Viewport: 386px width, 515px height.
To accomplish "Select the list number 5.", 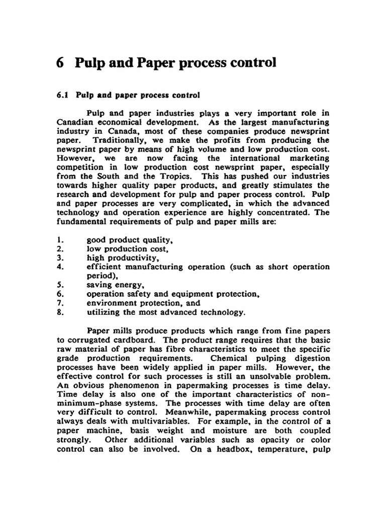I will pos(59,285).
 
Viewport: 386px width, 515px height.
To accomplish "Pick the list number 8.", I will pos(59,312).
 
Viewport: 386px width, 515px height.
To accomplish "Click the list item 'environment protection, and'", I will pos(143,303).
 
